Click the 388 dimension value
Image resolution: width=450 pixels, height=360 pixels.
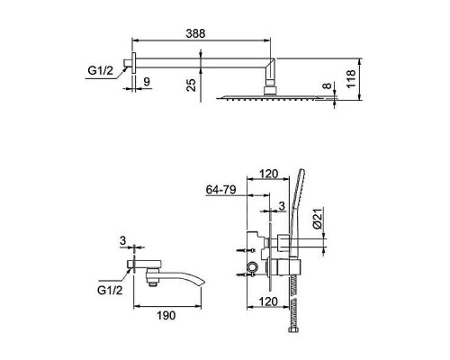tap(195, 33)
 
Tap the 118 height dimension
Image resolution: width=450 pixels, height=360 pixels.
tap(351, 78)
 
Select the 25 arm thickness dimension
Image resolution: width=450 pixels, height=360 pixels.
tap(191, 85)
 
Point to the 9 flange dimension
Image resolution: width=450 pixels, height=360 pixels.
tap(147, 81)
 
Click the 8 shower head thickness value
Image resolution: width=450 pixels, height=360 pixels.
tap(327, 85)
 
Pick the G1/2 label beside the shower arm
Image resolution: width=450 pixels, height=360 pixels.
tap(101, 71)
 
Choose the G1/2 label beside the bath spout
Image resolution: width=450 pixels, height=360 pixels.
tap(110, 290)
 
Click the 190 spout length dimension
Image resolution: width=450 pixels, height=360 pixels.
tap(166, 315)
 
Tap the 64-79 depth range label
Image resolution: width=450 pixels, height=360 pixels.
tap(221, 190)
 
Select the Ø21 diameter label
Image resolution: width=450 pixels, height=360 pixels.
tap(319, 218)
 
